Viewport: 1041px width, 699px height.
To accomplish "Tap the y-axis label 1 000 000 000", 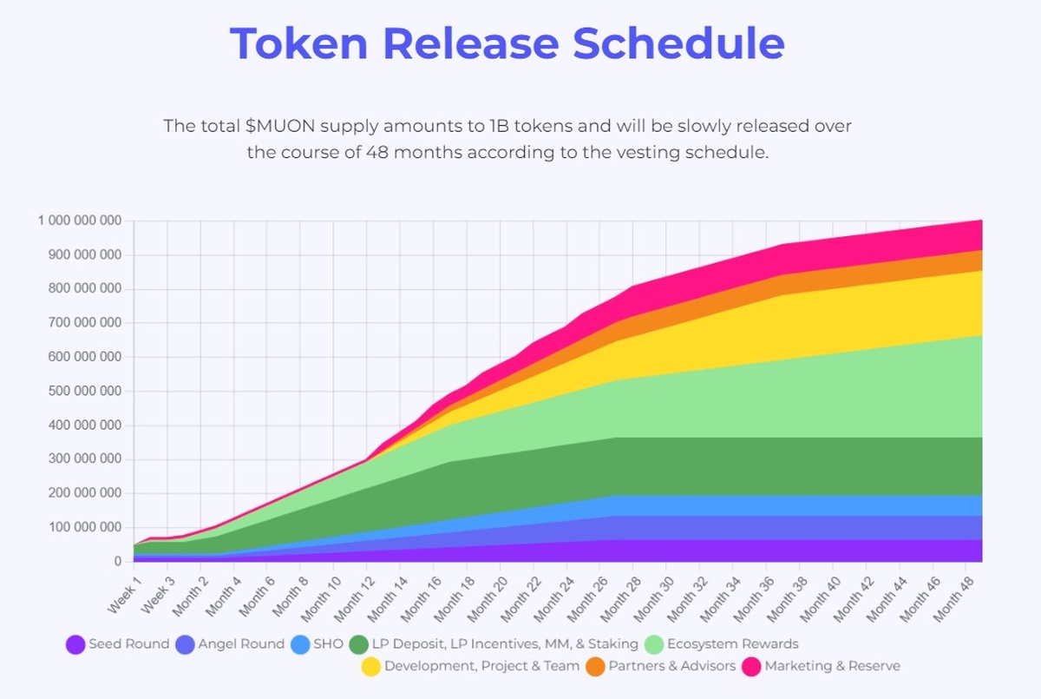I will click(79, 221).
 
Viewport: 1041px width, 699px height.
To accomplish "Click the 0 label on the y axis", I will click(118, 562).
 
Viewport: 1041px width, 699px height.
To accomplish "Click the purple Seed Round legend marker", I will click(75, 644).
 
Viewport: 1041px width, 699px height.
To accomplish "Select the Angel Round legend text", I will click(241, 644).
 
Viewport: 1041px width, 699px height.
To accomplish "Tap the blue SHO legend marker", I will click(300, 644).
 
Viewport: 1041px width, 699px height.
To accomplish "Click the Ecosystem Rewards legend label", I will click(733, 644).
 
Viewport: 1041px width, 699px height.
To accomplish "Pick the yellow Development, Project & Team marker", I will click(370, 667).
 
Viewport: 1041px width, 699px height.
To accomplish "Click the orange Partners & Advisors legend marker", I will click(595, 667).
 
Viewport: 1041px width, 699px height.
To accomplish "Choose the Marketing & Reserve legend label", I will click(832, 667).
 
